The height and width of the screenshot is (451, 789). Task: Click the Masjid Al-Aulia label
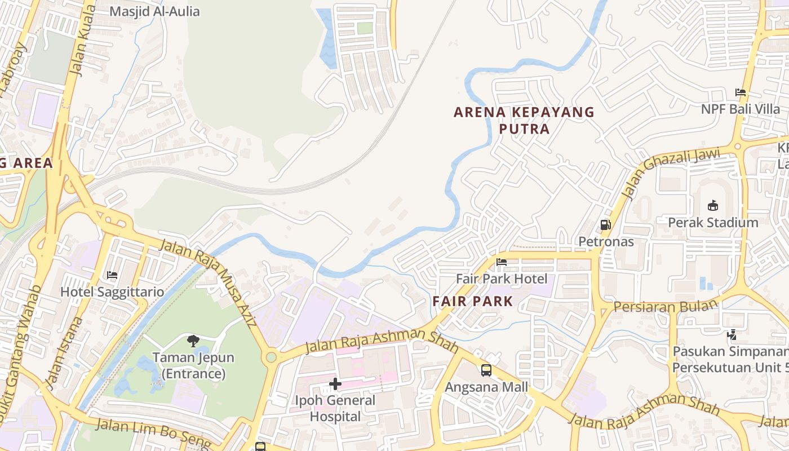[x=154, y=11]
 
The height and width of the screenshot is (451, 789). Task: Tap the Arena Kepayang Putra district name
[x=524, y=120]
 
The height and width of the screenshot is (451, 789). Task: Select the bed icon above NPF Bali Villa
[x=741, y=92]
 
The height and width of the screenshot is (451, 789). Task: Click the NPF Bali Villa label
[x=741, y=109]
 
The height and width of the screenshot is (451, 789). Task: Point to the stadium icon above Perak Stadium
[x=713, y=205]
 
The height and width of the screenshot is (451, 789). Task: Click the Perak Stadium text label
[x=713, y=223]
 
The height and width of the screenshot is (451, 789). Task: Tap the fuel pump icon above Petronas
[x=606, y=225]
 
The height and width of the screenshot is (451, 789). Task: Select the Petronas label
[x=606, y=242]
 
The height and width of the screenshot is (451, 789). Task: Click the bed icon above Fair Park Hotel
[x=501, y=262]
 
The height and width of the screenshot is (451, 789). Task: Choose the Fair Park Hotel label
[x=501, y=278]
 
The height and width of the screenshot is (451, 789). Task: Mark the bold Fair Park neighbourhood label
[x=472, y=301]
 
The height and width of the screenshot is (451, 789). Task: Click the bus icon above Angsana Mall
[x=486, y=370]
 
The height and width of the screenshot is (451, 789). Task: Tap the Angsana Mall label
[x=486, y=387]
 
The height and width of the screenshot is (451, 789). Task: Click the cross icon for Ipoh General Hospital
[x=335, y=384]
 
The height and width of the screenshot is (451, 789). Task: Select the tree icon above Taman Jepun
[x=193, y=341]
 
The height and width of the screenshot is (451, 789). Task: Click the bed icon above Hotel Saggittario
[x=112, y=275]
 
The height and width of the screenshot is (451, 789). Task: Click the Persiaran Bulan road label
[x=666, y=306]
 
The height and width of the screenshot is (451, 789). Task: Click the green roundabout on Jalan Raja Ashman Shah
[x=272, y=357]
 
